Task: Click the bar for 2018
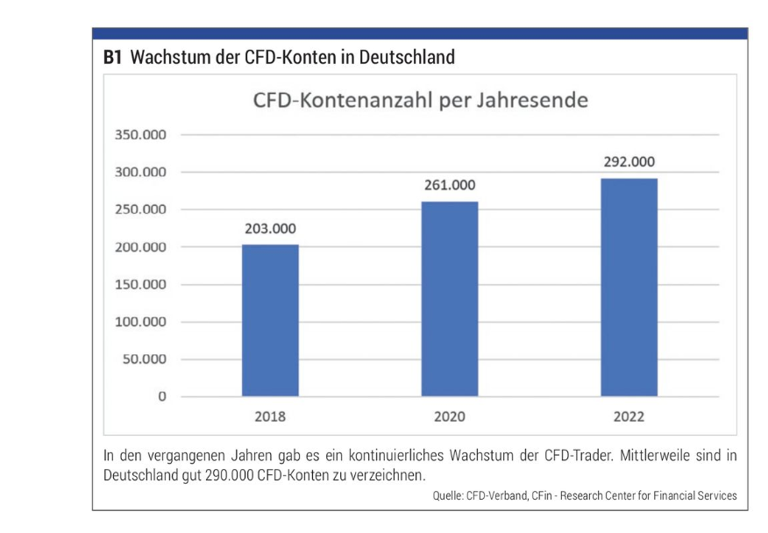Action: (x=270, y=320)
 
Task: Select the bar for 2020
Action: (x=450, y=299)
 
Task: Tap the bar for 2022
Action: (x=629, y=287)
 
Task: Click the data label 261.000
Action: (x=450, y=187)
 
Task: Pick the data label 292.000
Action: (x=629, y=163)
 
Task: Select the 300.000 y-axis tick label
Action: (x=143, y=173)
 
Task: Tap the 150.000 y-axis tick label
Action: (x=143, y=285)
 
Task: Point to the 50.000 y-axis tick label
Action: (x=146, y=359)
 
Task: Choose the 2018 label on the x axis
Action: (x=270, y=417)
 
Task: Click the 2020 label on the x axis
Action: (x=450, y=417)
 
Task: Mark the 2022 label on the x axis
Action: (x=629, y=417)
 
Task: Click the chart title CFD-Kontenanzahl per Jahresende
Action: (x=420, y=101)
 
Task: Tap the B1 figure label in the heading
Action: (x=111, y=58)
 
